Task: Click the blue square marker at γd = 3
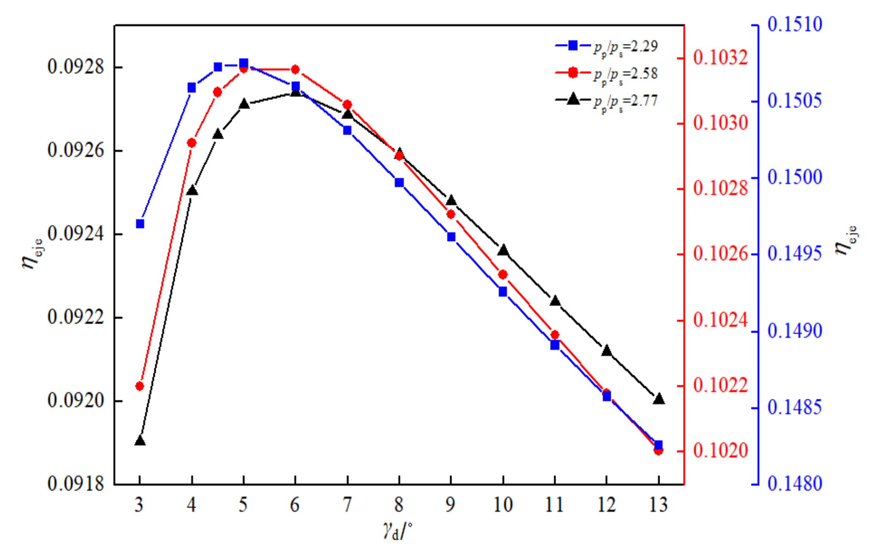[x=140, y=224]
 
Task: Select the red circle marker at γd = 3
[x=140, y=386]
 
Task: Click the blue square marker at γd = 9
[x=451, y=237]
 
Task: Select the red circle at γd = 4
[x=192, y=143]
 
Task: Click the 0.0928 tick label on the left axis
[x=76, y=67]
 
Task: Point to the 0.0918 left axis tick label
[x=76, y=484]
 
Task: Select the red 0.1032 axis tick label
[x=721, y=58]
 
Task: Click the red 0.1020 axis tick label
[x=721, y=451]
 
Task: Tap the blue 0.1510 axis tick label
[x=795, y=24]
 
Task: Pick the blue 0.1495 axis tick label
[x=795, y=253]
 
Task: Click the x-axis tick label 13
[x=658, y=505]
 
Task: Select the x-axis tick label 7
[x=347, y=505]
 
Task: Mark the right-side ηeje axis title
[x=846, y=241]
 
